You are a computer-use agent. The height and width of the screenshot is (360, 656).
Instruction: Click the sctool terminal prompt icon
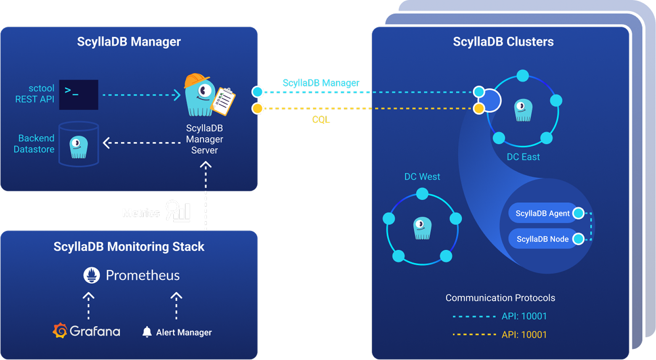click(x=79, y=95)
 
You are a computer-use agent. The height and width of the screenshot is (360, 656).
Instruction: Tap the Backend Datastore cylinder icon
click(x=79, y=144)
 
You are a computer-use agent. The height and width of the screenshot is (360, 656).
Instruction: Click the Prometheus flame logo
click(x=92, y=275)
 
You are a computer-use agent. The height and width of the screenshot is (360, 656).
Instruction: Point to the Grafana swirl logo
click(x=60, y=331)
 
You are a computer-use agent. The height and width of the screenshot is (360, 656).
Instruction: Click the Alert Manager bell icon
click(x=147, y=332)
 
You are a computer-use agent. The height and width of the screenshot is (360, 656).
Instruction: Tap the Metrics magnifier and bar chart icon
click(x=178, y=211)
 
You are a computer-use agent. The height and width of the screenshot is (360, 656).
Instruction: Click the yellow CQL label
click(x=321, y=120)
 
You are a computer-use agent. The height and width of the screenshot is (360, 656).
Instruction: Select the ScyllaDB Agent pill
click(x=542, y=213)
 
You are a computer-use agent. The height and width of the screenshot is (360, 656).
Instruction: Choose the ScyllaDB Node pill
click(x=542, y=239)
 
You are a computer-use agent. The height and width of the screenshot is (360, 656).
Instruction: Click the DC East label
click(x=523, y=157)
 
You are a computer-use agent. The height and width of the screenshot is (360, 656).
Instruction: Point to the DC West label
click(x=422, y=177)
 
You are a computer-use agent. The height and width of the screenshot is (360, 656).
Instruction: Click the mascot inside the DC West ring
click(x=422, y=228)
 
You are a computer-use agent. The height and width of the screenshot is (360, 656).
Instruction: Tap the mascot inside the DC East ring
click(x=523, y=111)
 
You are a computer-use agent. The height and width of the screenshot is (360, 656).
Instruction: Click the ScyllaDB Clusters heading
click(x=503, y=42)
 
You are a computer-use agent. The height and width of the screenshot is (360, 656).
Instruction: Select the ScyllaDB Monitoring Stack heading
click(x=129, y=246)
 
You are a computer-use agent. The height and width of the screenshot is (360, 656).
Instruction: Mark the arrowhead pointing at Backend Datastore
click(x=106, y=143)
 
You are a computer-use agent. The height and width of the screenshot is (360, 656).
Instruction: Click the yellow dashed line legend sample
click(x=474, y=335)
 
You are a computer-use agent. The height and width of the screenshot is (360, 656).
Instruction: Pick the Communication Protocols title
click(x=500, y=298)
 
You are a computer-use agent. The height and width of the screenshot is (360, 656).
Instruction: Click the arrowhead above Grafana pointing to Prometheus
click(x=88, y=296)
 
